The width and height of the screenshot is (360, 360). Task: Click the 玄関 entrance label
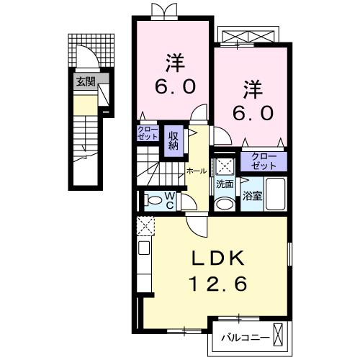(85, 81)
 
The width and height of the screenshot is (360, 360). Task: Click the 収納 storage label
(174, 140)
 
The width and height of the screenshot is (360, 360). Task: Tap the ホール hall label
(196, 171)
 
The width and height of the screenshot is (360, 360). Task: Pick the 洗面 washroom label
(225, 184)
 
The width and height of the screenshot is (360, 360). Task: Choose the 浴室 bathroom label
(253, 195)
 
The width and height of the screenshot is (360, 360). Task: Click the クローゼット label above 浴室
(264, 161)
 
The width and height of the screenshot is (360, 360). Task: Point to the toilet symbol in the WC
(152, 200)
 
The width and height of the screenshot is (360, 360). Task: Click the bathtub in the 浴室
(276, 192)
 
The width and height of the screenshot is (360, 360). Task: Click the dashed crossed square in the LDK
(144, 227)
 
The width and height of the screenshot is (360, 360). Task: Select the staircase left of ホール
(158, 169)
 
